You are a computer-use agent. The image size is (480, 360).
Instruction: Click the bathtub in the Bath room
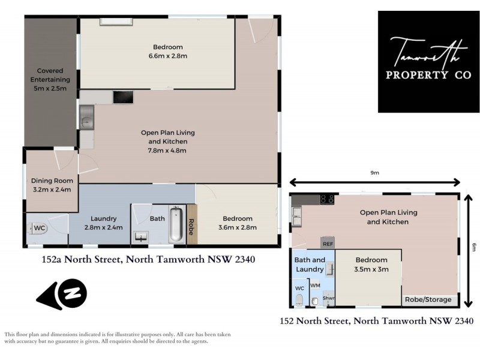point(176,225)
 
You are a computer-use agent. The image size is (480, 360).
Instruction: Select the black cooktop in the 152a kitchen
point(123,97)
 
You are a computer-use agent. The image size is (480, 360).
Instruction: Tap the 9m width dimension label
point(374,173)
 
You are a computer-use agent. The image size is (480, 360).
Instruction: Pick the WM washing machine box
point(315,286)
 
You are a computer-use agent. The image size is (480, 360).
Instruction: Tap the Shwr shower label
point(328,298)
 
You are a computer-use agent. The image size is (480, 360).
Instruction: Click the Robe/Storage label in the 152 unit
point(428,299)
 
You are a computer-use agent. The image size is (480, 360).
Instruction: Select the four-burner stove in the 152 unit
point(327,200)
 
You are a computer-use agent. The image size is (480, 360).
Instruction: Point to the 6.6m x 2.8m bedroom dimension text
point(167,56)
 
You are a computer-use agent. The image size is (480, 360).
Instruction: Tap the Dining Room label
point(52,181)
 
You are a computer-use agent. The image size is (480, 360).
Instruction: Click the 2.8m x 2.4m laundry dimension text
point(104,227)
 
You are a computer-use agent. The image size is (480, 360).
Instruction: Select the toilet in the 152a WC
point(32,229)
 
